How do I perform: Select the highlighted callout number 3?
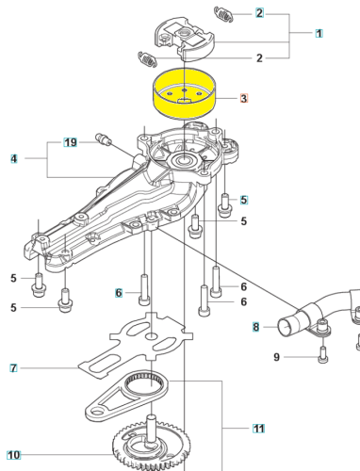click(243, 98)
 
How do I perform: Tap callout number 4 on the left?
click(14, 158)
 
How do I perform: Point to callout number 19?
click(70, 142)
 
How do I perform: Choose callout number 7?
click(14, 366)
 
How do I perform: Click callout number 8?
click(254, 327)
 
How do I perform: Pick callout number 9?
click(276, 357)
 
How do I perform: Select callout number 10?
click(14, 453)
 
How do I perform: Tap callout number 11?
click(258, 429)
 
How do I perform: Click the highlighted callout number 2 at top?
click(259, 14)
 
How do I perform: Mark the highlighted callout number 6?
click(120, 293)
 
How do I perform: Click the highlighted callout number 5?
click(243, 200)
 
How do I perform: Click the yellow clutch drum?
click(185, 98)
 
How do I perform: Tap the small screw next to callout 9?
click(321, 354)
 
